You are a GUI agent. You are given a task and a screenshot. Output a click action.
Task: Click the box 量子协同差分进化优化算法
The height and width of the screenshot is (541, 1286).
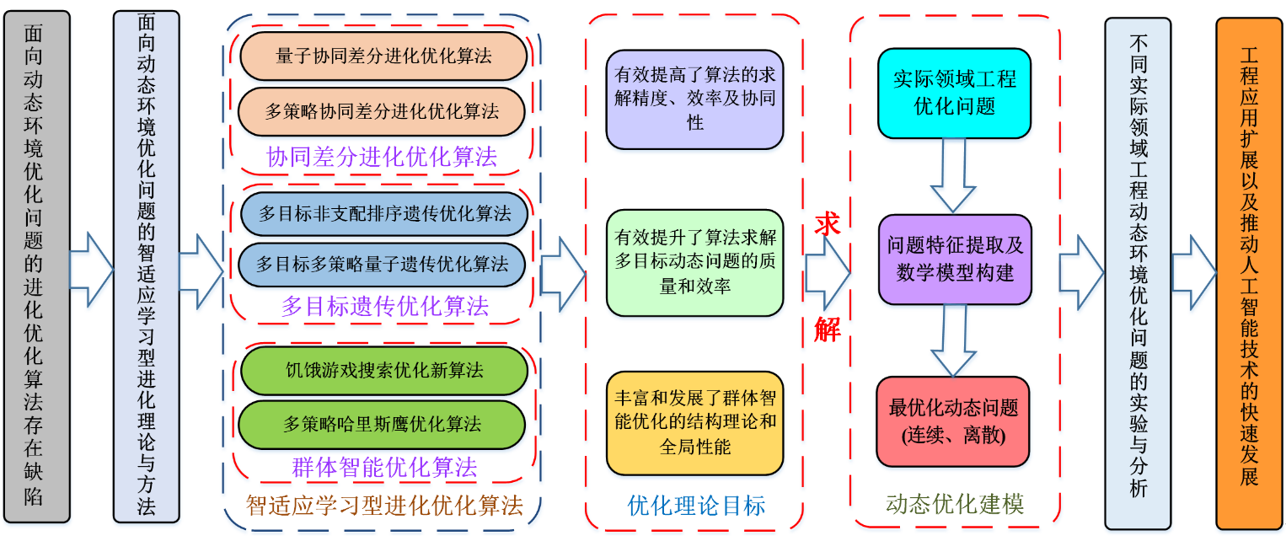pos(383,56)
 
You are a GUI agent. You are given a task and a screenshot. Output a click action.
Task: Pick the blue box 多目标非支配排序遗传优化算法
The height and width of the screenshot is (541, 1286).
pos(384,213)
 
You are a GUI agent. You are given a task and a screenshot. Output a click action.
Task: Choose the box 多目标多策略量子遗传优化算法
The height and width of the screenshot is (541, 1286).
pos(383,265)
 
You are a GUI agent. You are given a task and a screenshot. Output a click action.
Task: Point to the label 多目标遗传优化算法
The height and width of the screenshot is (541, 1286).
pos(384,306)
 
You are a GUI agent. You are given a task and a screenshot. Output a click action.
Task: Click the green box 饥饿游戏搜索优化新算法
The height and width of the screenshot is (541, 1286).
pos(383,370)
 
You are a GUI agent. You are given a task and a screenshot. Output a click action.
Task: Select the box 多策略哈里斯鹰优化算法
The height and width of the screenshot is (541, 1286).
pos(383,424)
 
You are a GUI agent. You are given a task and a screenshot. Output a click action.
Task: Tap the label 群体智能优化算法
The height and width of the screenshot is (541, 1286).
pos(384,467)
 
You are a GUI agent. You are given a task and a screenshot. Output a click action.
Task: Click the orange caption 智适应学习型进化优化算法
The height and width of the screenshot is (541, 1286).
pos(384,506)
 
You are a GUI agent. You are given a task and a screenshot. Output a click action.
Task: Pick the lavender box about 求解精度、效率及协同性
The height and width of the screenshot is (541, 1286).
pos(694,99)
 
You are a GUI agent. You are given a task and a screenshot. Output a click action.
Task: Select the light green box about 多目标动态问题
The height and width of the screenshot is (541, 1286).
pos(694,262)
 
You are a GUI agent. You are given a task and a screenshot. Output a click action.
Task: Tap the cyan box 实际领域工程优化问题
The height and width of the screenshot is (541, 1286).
pos(954,93)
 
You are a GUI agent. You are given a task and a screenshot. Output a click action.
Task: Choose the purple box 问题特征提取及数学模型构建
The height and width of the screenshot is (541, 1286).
pos(955,259)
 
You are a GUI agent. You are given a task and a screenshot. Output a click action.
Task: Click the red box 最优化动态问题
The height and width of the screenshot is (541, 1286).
pos(953,421)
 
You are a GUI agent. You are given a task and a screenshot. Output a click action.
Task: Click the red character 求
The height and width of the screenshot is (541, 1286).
pos(828,224)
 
